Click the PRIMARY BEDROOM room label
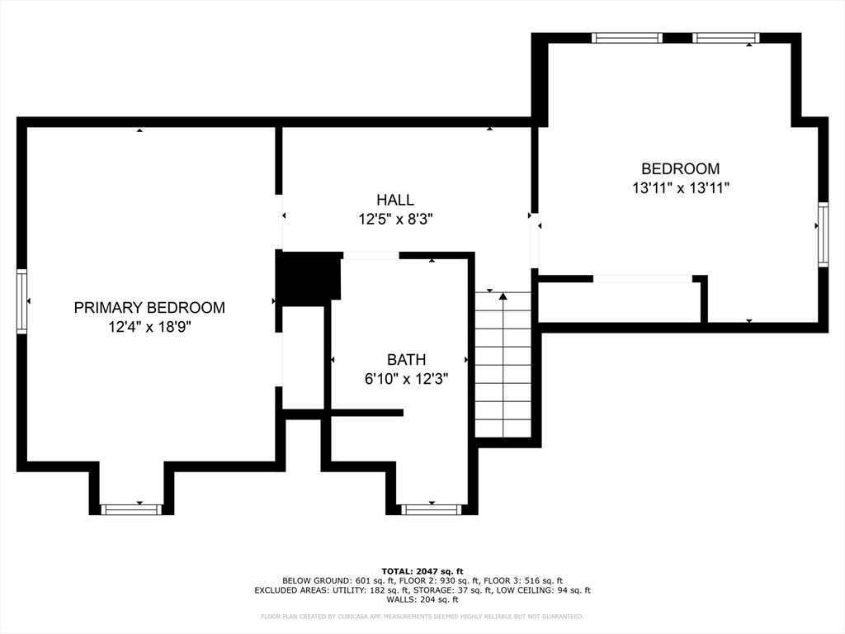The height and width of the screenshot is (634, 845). pyautogui.click(x=149, y=308)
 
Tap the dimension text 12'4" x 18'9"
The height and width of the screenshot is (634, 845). pyautogui.click(x=149, y=328)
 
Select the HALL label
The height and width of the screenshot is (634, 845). pyautogui.click(x=395, y=200)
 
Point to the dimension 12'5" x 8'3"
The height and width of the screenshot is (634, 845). pyautogui.click(x=395, y=220)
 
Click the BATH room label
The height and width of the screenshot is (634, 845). pyautogui.click(x=406, y=360)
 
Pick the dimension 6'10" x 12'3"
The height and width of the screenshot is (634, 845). pyautogui.click(x=406, y=380)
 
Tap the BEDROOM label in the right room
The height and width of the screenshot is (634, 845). pyautogui.click(x=680, y=168)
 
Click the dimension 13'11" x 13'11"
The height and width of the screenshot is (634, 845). pyautogui.click(x=680, y=188)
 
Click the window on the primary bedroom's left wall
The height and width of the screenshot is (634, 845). pyautogui.click(x=22, y=301)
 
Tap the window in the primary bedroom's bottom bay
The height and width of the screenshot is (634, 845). pyautogui.click(x=132, y=509)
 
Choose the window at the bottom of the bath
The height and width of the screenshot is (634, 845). pyautogui.click(x=431, y=509)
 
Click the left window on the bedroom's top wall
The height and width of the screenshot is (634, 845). pyautogui.click(x=627, y=38)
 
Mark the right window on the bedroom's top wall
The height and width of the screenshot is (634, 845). pyautogui.click(x=725, y=38)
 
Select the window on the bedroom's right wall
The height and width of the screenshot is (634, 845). pyautogui.click(x=823, y=234)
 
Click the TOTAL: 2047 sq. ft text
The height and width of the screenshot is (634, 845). pyautogui.click(x=422, y=571)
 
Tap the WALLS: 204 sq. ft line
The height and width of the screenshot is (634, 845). pyautogui.click(x=422, y=600)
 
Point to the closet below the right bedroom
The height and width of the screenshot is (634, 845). pyautogui.click(x=619, y=302)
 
